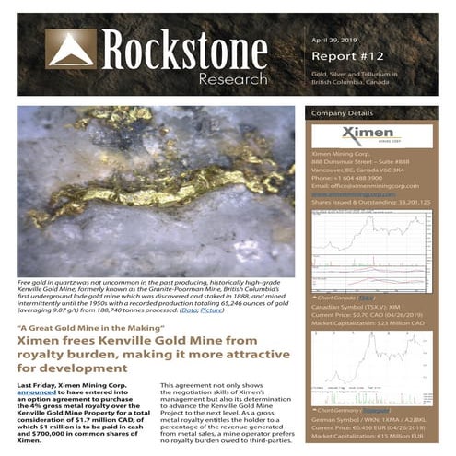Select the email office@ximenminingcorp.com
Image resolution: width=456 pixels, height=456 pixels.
(366, 185)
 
